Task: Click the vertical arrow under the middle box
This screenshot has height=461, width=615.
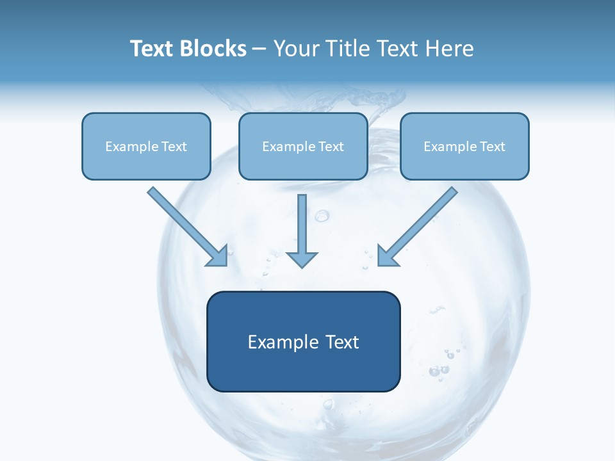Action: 302,224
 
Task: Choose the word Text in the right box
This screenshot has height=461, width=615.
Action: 492,147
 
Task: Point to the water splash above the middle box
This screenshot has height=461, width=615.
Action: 359,99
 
